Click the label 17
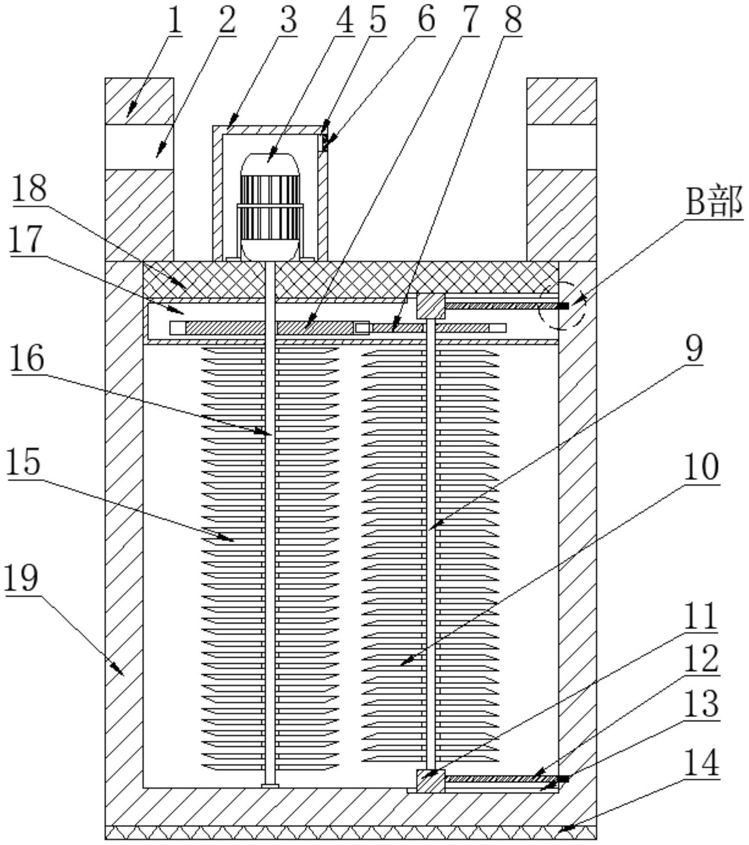tap(27, 240)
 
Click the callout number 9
tap(694, 349)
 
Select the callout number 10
tap(702, 467)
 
